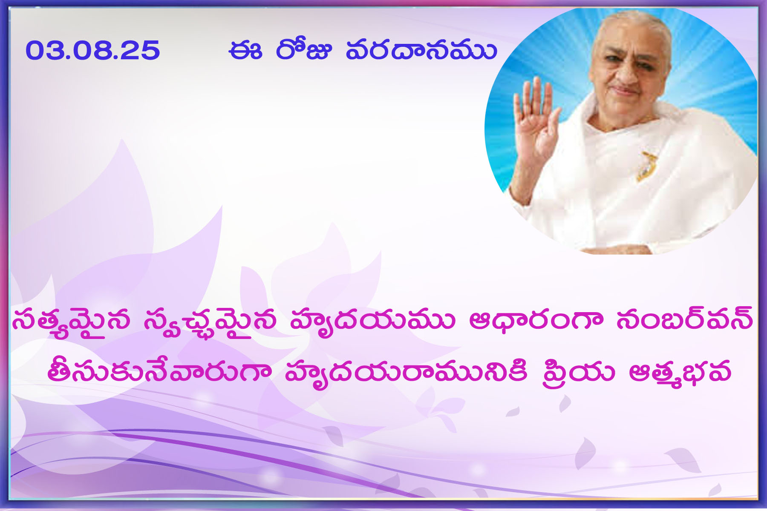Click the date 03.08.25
pyautogui.click(x=92, y=50)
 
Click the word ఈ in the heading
pyautogui.click(x=245, y=50)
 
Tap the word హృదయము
pyautogui.click(x=372, y=321)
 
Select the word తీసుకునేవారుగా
pyautogui.click(x=159, y=370)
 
